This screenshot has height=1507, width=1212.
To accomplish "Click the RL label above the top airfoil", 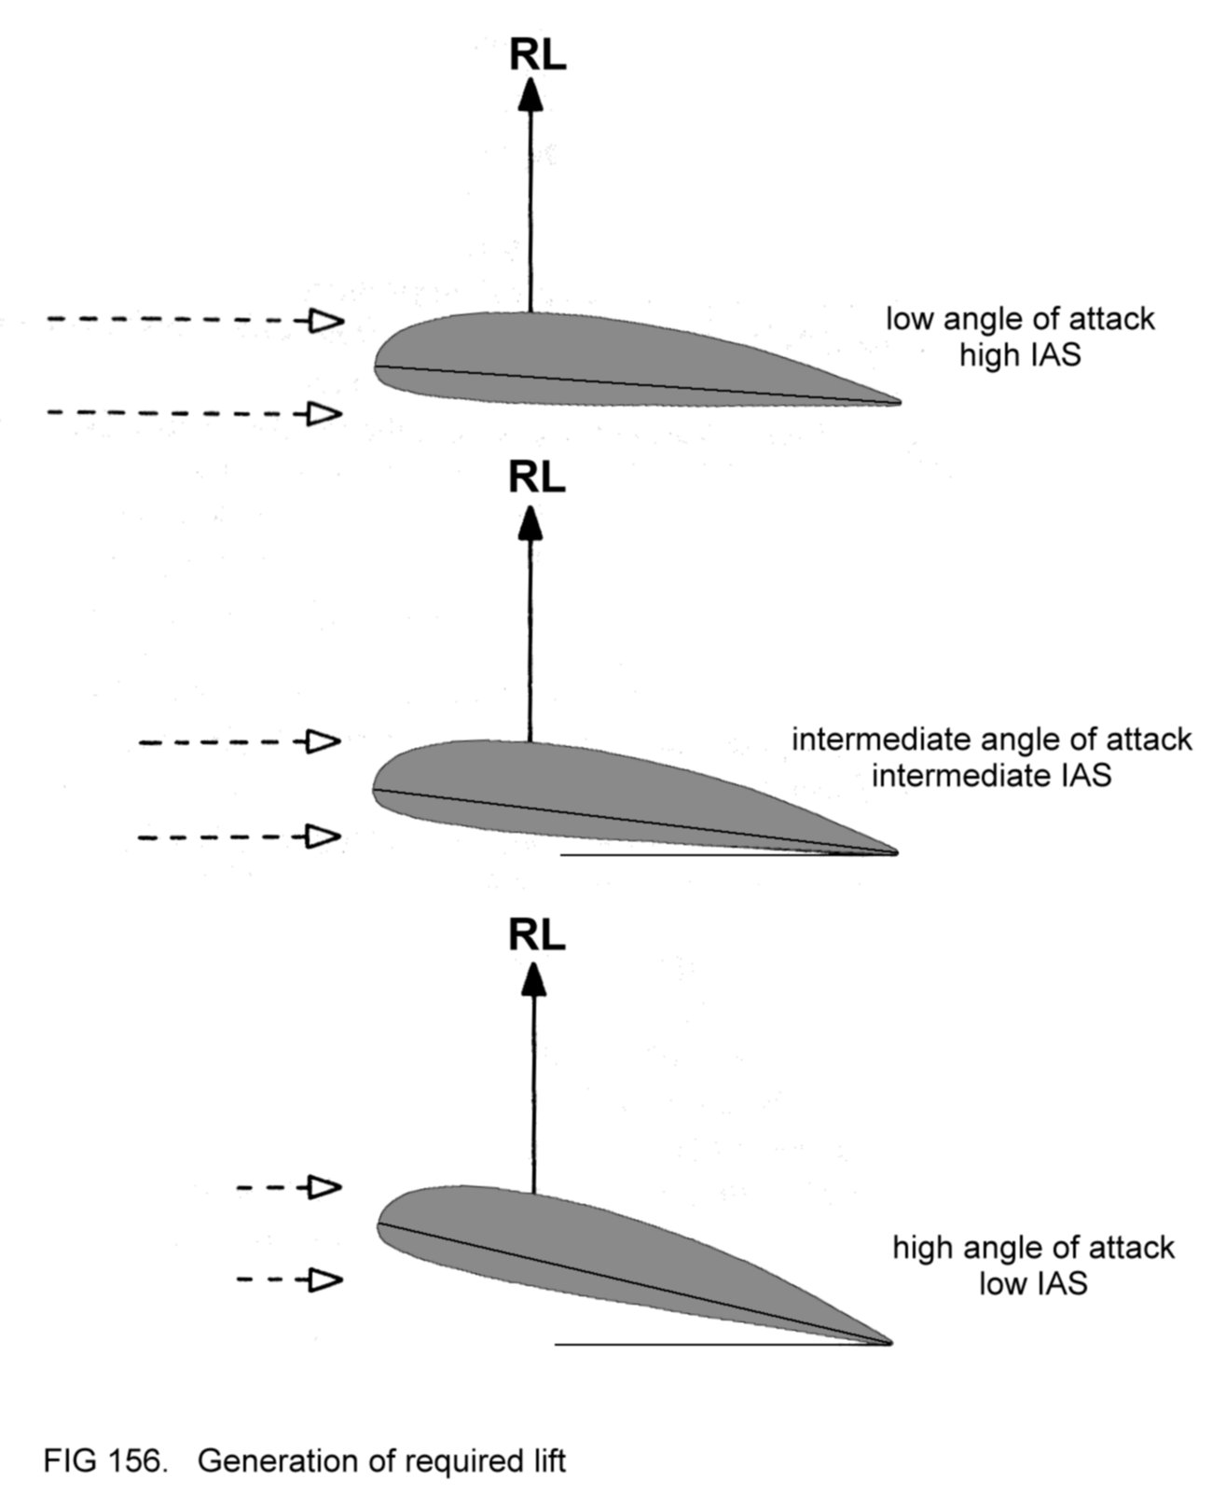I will (537, 56).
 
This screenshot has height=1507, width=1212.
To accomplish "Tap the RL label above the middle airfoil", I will (537, 478).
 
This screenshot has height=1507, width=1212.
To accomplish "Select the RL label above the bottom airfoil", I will (537, 935).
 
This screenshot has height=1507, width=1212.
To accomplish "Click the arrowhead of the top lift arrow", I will (530, 95).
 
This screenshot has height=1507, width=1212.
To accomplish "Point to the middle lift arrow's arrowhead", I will (530, 522).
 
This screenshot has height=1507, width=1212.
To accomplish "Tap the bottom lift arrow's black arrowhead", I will (534, 979).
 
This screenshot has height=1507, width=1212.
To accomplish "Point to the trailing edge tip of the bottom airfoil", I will (889, 1343).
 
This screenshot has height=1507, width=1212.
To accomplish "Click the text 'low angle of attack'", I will (1020, 319).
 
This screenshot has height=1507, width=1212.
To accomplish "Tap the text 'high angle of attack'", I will (1033, 1248).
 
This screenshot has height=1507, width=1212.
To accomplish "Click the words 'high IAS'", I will (1020, 355).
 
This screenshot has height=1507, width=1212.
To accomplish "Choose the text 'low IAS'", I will (1033, 1284).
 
